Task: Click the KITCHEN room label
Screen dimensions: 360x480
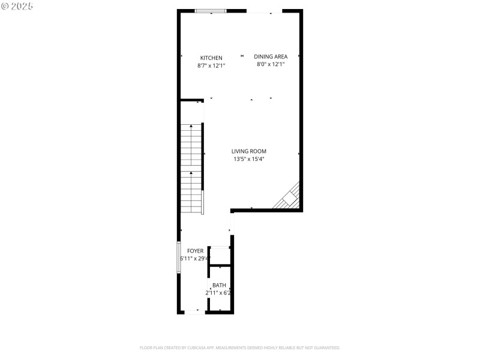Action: click(x=211, y=58)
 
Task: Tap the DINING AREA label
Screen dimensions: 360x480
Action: click(x=271, y=56)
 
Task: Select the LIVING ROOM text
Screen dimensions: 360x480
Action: click(x=249, y=151)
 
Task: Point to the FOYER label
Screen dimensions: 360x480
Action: click(x=195, y=250)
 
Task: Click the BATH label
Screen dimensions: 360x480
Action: click(x=219, y=285)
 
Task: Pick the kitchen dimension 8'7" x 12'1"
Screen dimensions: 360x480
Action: click(x=211, y=65)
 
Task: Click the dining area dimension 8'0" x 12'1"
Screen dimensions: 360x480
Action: click(x=271, y=64)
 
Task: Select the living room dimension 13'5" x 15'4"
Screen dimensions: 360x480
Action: click(x=249, y=159)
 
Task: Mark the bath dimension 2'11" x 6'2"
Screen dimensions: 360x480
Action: click(x=218, y=293)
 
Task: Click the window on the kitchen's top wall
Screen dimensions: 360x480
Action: click(x=211, y=11)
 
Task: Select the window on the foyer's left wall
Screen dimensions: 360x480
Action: click(x=178, y=257)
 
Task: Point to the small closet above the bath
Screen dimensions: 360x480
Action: click(x=220, y=256)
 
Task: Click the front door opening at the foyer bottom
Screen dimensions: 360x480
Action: click(x=193, y=312)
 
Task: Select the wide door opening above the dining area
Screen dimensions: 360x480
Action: click(x=264, y=11)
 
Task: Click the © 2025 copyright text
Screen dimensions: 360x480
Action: click(x=17, y=6)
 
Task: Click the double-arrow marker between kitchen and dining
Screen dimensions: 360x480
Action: click(x=242, y=56)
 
